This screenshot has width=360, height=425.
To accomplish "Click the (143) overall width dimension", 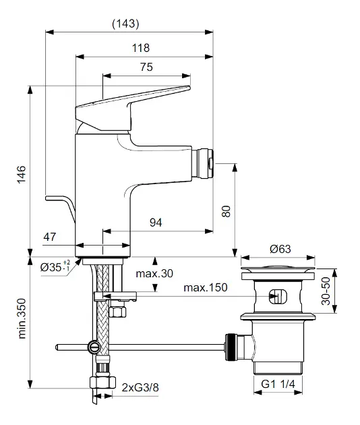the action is pos(125,24).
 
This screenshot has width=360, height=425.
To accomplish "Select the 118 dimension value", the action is pos(141,48).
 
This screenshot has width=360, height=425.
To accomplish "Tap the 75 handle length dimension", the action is pos(146,67).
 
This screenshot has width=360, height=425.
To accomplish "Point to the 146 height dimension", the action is pos(22,175).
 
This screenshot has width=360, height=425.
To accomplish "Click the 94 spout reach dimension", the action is pos(156,223).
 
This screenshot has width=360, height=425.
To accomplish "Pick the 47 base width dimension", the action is pos(50,237).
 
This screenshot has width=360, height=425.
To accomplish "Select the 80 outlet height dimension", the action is pos(227,211).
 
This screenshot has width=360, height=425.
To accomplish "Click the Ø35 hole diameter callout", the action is pos(55,266).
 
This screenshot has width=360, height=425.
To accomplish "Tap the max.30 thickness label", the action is pos(154,273).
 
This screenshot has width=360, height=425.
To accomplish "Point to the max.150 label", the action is pos(206,287).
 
